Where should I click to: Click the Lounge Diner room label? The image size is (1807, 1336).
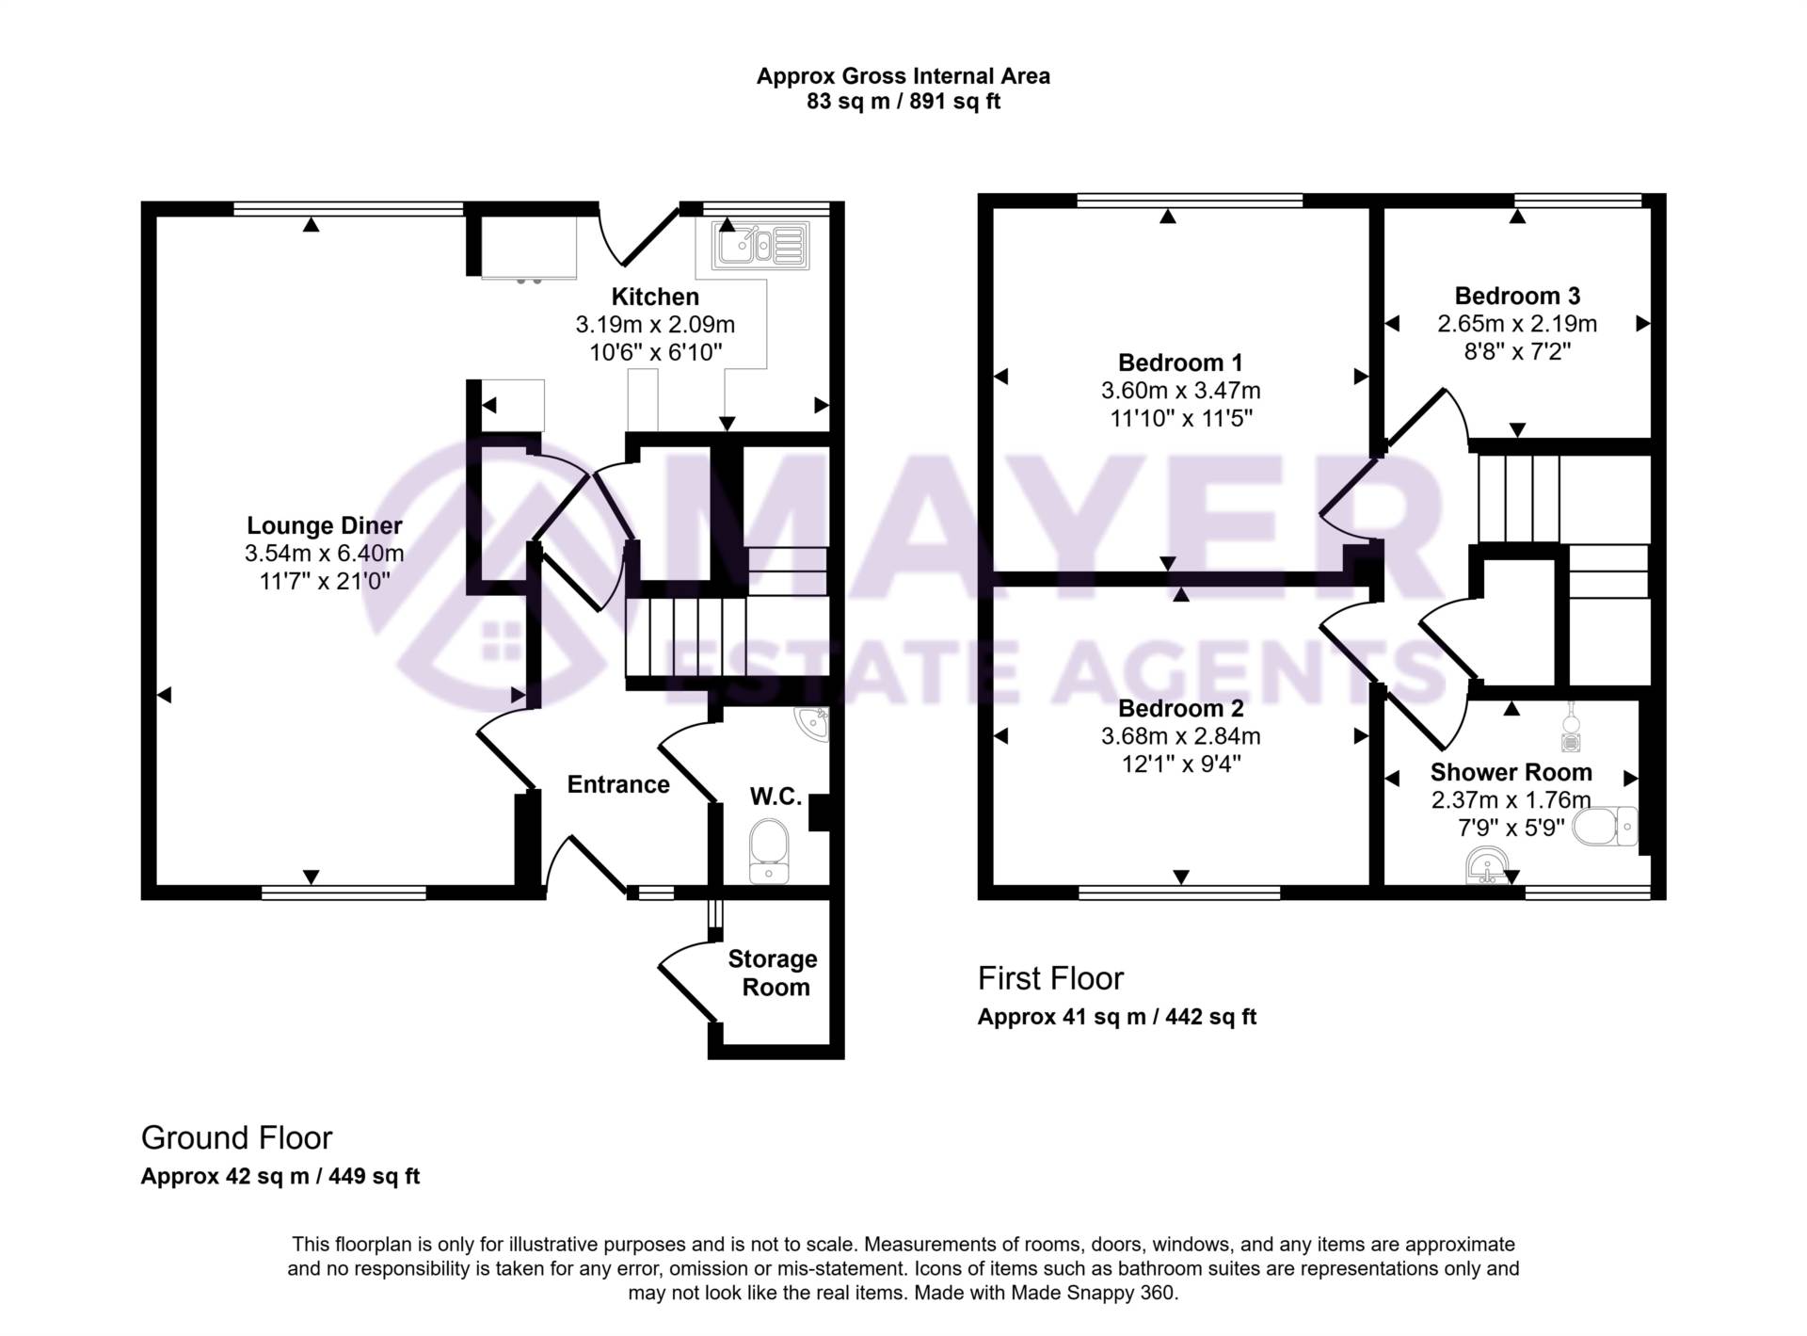coord(324,525)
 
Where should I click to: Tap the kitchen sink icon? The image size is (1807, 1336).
coord(760,246)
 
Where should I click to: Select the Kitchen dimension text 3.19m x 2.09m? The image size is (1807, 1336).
coord(655,325)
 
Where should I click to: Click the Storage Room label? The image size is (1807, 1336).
coord(773,973)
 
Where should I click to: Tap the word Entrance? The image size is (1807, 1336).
coord(618,784)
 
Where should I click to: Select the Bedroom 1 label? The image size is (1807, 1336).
coord(1180,362)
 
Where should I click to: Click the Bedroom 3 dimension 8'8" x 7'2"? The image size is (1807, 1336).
coord(1517,351)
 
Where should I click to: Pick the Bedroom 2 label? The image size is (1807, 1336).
coord(1180,708)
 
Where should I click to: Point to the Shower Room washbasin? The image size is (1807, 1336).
coord(1488,863)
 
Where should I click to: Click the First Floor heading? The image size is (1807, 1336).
coord(1050,978)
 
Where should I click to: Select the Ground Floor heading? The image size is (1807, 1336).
coord(236,1137)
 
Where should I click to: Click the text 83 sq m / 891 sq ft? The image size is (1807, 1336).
coord(903,102)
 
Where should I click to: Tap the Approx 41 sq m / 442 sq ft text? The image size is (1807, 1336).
coord(1117,1017)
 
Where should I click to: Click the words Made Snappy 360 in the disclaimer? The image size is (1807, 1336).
coord(1093,1293)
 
